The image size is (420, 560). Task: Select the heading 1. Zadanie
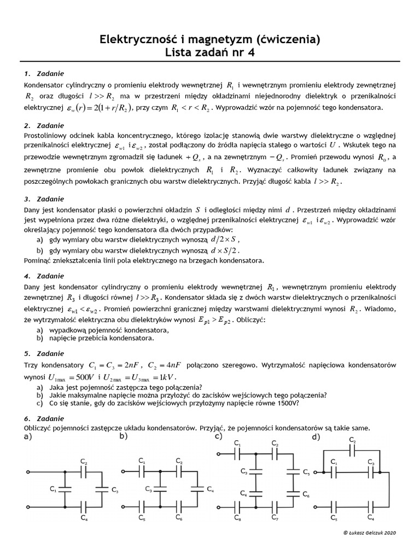tap(44, 73)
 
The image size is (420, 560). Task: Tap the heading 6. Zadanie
tap(44, 419)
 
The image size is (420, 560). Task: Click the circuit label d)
tap(316, 437)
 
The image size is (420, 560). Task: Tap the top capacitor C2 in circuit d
tap(352, 450)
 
